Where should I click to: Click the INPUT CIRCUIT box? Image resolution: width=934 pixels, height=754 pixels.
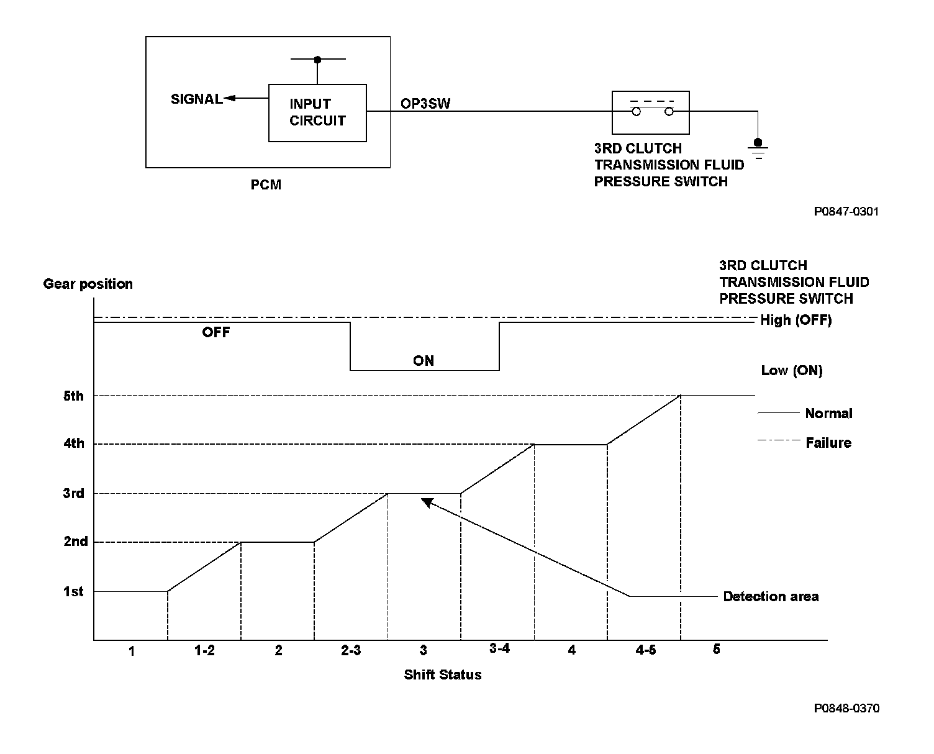click(x=317, y=112)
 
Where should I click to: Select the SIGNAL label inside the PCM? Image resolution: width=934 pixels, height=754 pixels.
click(x=196, y=99)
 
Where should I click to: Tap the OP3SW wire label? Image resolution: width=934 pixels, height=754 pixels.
click(x=425, y=104)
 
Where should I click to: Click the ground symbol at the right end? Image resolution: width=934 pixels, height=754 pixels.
click(x=758, y=148)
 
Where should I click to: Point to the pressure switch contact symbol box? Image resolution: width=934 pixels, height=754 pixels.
click(x=651, y=112)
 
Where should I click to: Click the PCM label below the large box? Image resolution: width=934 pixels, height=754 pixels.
click(x=266, y=184)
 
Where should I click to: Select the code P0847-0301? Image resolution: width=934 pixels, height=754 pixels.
click(x=846, y=212)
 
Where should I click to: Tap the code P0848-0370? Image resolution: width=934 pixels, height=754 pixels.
click(x=846, y=708)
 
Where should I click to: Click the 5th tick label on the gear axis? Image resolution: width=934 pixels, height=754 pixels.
click(x=73, y=396)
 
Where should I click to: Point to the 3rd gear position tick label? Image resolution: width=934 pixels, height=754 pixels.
click(x=73, y=494)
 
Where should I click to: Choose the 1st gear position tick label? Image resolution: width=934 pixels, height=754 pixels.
click(x=73, y=592)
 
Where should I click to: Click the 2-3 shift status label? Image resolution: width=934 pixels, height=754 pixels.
click(x=351, y=650)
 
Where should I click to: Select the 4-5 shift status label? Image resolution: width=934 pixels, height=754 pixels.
click(x=645, y=650)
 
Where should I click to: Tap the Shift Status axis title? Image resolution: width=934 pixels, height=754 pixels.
click(x=443, y=675)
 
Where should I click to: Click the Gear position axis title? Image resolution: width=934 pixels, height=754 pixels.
click(x=88, y=284)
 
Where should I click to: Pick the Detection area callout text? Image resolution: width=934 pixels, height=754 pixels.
click(x=771, y=596)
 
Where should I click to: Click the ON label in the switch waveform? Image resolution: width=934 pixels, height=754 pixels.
click(x=424, y=361)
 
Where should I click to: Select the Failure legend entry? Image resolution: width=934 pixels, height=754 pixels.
click(x=828, y=443)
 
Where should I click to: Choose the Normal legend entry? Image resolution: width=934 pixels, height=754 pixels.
click(x=828, y=413)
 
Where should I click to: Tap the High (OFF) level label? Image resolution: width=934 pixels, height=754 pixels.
click(x=796, y=320)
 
